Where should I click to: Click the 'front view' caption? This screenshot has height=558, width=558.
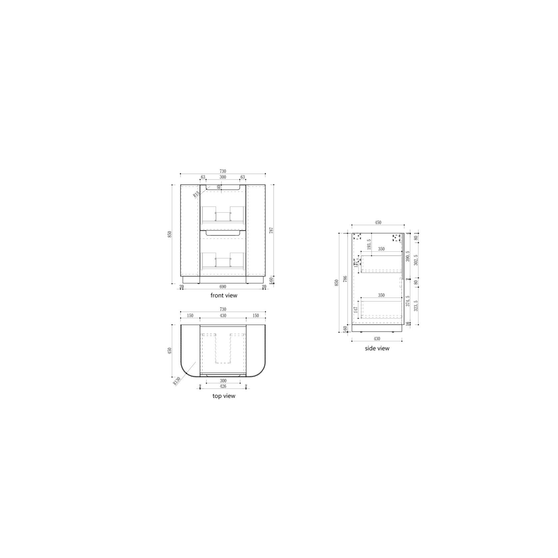pos(224,295)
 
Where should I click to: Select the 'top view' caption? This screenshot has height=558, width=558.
pos(224,396)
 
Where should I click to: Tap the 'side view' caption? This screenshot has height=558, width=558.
pos(377,348)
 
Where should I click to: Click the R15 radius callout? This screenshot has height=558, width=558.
pos(196,194)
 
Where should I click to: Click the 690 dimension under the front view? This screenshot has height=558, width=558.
pos(223,287)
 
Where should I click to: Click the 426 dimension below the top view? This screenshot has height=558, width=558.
pos(223,386)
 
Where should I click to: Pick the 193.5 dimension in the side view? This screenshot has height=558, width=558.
pos(369,245)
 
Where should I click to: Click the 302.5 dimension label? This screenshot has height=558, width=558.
pos(415,260)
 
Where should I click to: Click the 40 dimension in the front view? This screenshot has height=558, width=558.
pos(219,187)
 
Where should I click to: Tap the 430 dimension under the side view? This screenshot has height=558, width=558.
pos(377,339)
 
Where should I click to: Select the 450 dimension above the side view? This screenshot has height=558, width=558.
pos(378,223)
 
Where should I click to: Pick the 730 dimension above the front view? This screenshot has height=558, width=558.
pos(223,171)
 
